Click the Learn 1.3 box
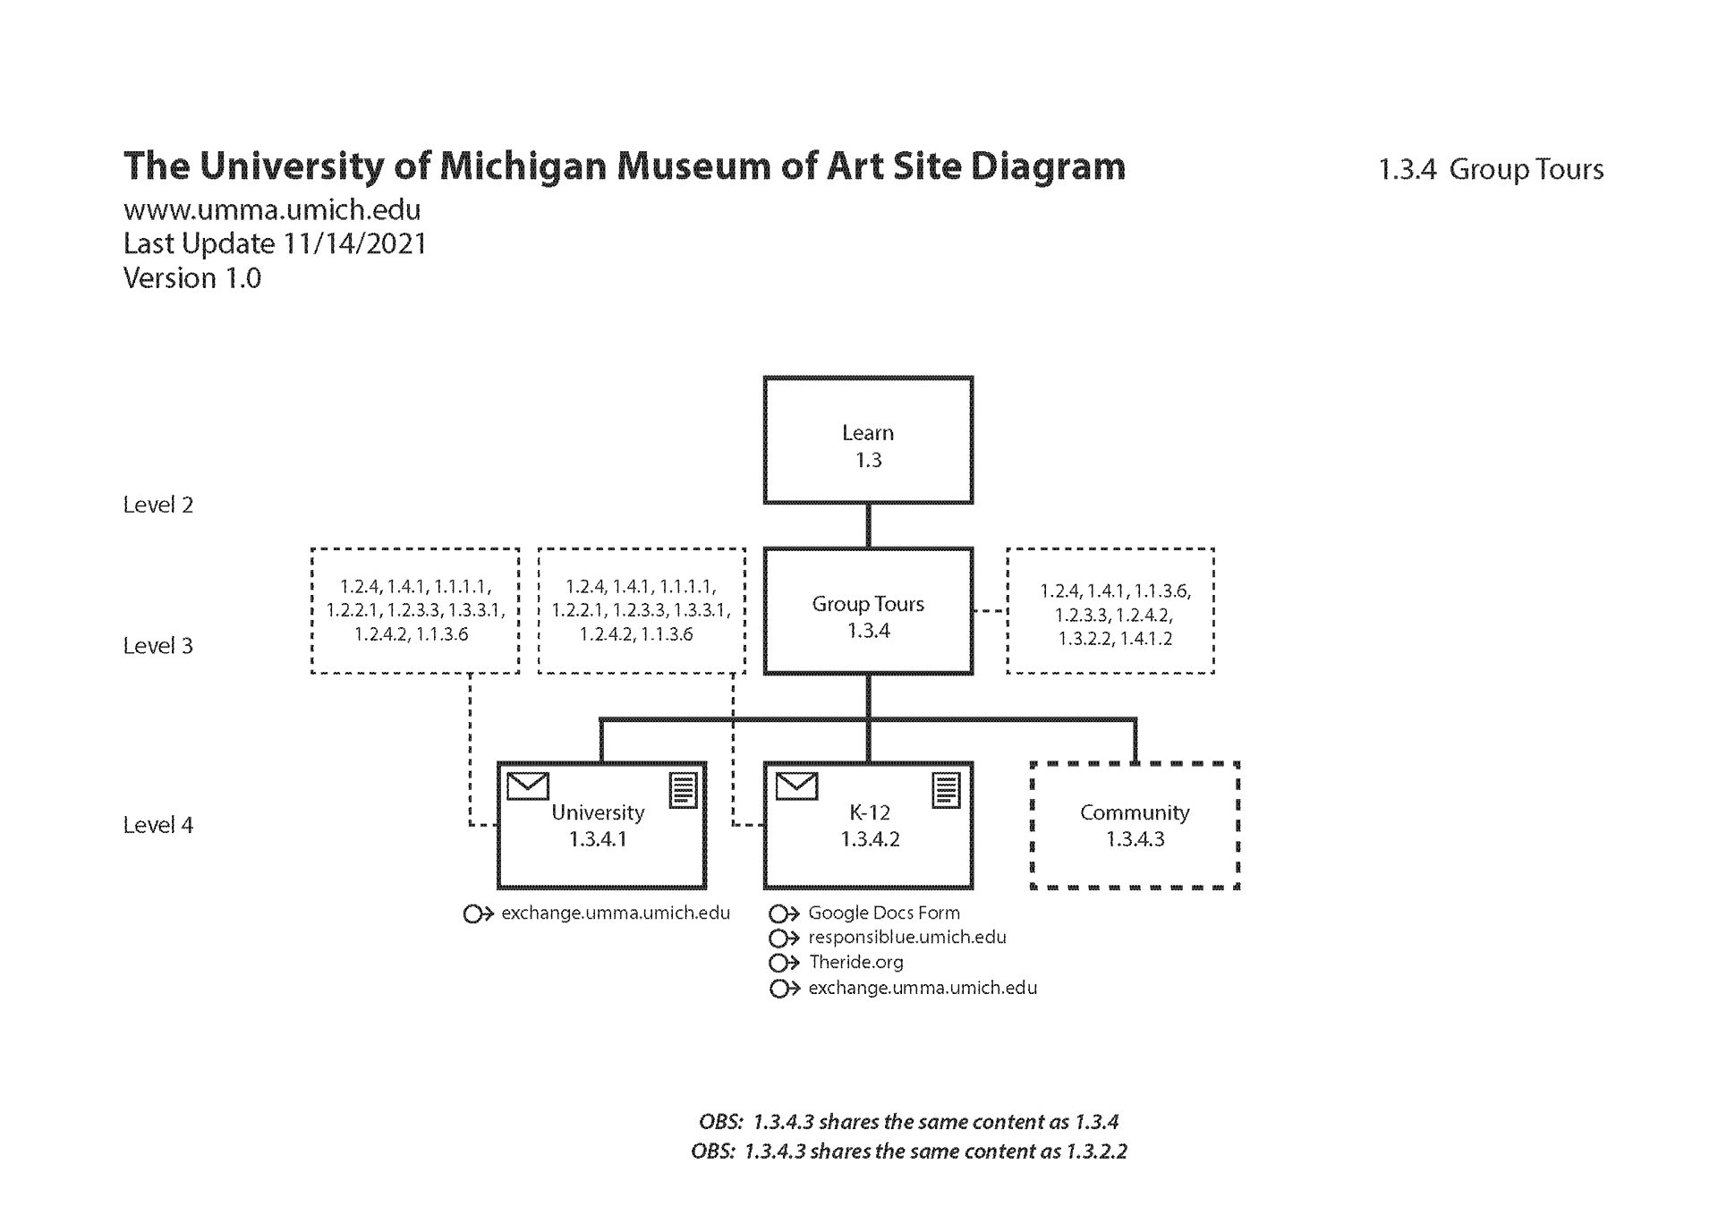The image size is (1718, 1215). [x=868, y=440]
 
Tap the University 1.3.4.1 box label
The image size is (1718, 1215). [x=598, y=825]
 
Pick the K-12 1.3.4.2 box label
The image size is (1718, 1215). [x=870, y=825]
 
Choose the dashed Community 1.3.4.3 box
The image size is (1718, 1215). [x=1135, y=825]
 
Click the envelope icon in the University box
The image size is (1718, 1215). [x=527, y=786]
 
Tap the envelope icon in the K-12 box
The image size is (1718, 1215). [x=795, y=786]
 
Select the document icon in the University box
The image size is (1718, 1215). [x=683, y=791]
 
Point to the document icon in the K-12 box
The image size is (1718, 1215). [x=946, y=791]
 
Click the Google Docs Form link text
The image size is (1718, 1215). [x=883, y=913]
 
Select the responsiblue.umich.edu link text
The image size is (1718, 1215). [x=906, y=937]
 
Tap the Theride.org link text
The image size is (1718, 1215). [x=855, y=962]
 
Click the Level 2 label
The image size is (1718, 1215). [x=157, y=505]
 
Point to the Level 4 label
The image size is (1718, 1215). [x=157, y=825]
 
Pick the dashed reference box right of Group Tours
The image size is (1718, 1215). [x=1110, y=611]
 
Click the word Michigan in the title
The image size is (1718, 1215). [x=523, y=166]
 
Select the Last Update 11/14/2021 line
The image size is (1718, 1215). [x=275, y=243]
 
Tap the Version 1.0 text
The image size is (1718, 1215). [x=191, y=278]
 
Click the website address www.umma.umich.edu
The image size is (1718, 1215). [x=271, y=209]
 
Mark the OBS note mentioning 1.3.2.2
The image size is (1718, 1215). [x=908, y=1151]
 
